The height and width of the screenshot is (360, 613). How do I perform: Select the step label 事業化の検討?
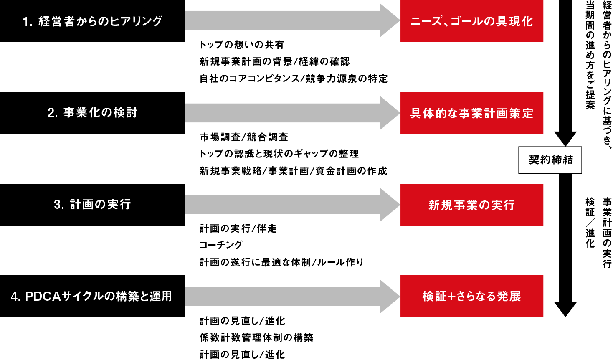[100, 113]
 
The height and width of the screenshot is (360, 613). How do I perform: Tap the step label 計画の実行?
[100, 204]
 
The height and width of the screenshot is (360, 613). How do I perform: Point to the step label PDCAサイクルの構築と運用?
[99, 296]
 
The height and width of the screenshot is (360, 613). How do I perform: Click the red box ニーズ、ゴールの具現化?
[471, 21]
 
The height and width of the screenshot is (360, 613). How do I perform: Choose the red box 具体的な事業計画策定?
[471, 113]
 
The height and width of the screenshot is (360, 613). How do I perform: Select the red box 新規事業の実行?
[471, 205]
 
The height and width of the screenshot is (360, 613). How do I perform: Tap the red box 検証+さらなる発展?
[471, 296]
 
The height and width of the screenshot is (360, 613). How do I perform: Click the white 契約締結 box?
[550, 160]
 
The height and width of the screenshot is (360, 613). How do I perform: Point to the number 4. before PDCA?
[15, 297]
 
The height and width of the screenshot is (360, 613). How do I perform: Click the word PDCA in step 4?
[43, 297]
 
